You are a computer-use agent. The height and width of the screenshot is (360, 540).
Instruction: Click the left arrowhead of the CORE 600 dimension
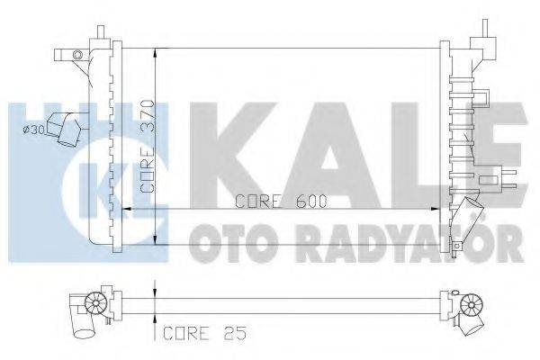(x=125, y=209)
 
